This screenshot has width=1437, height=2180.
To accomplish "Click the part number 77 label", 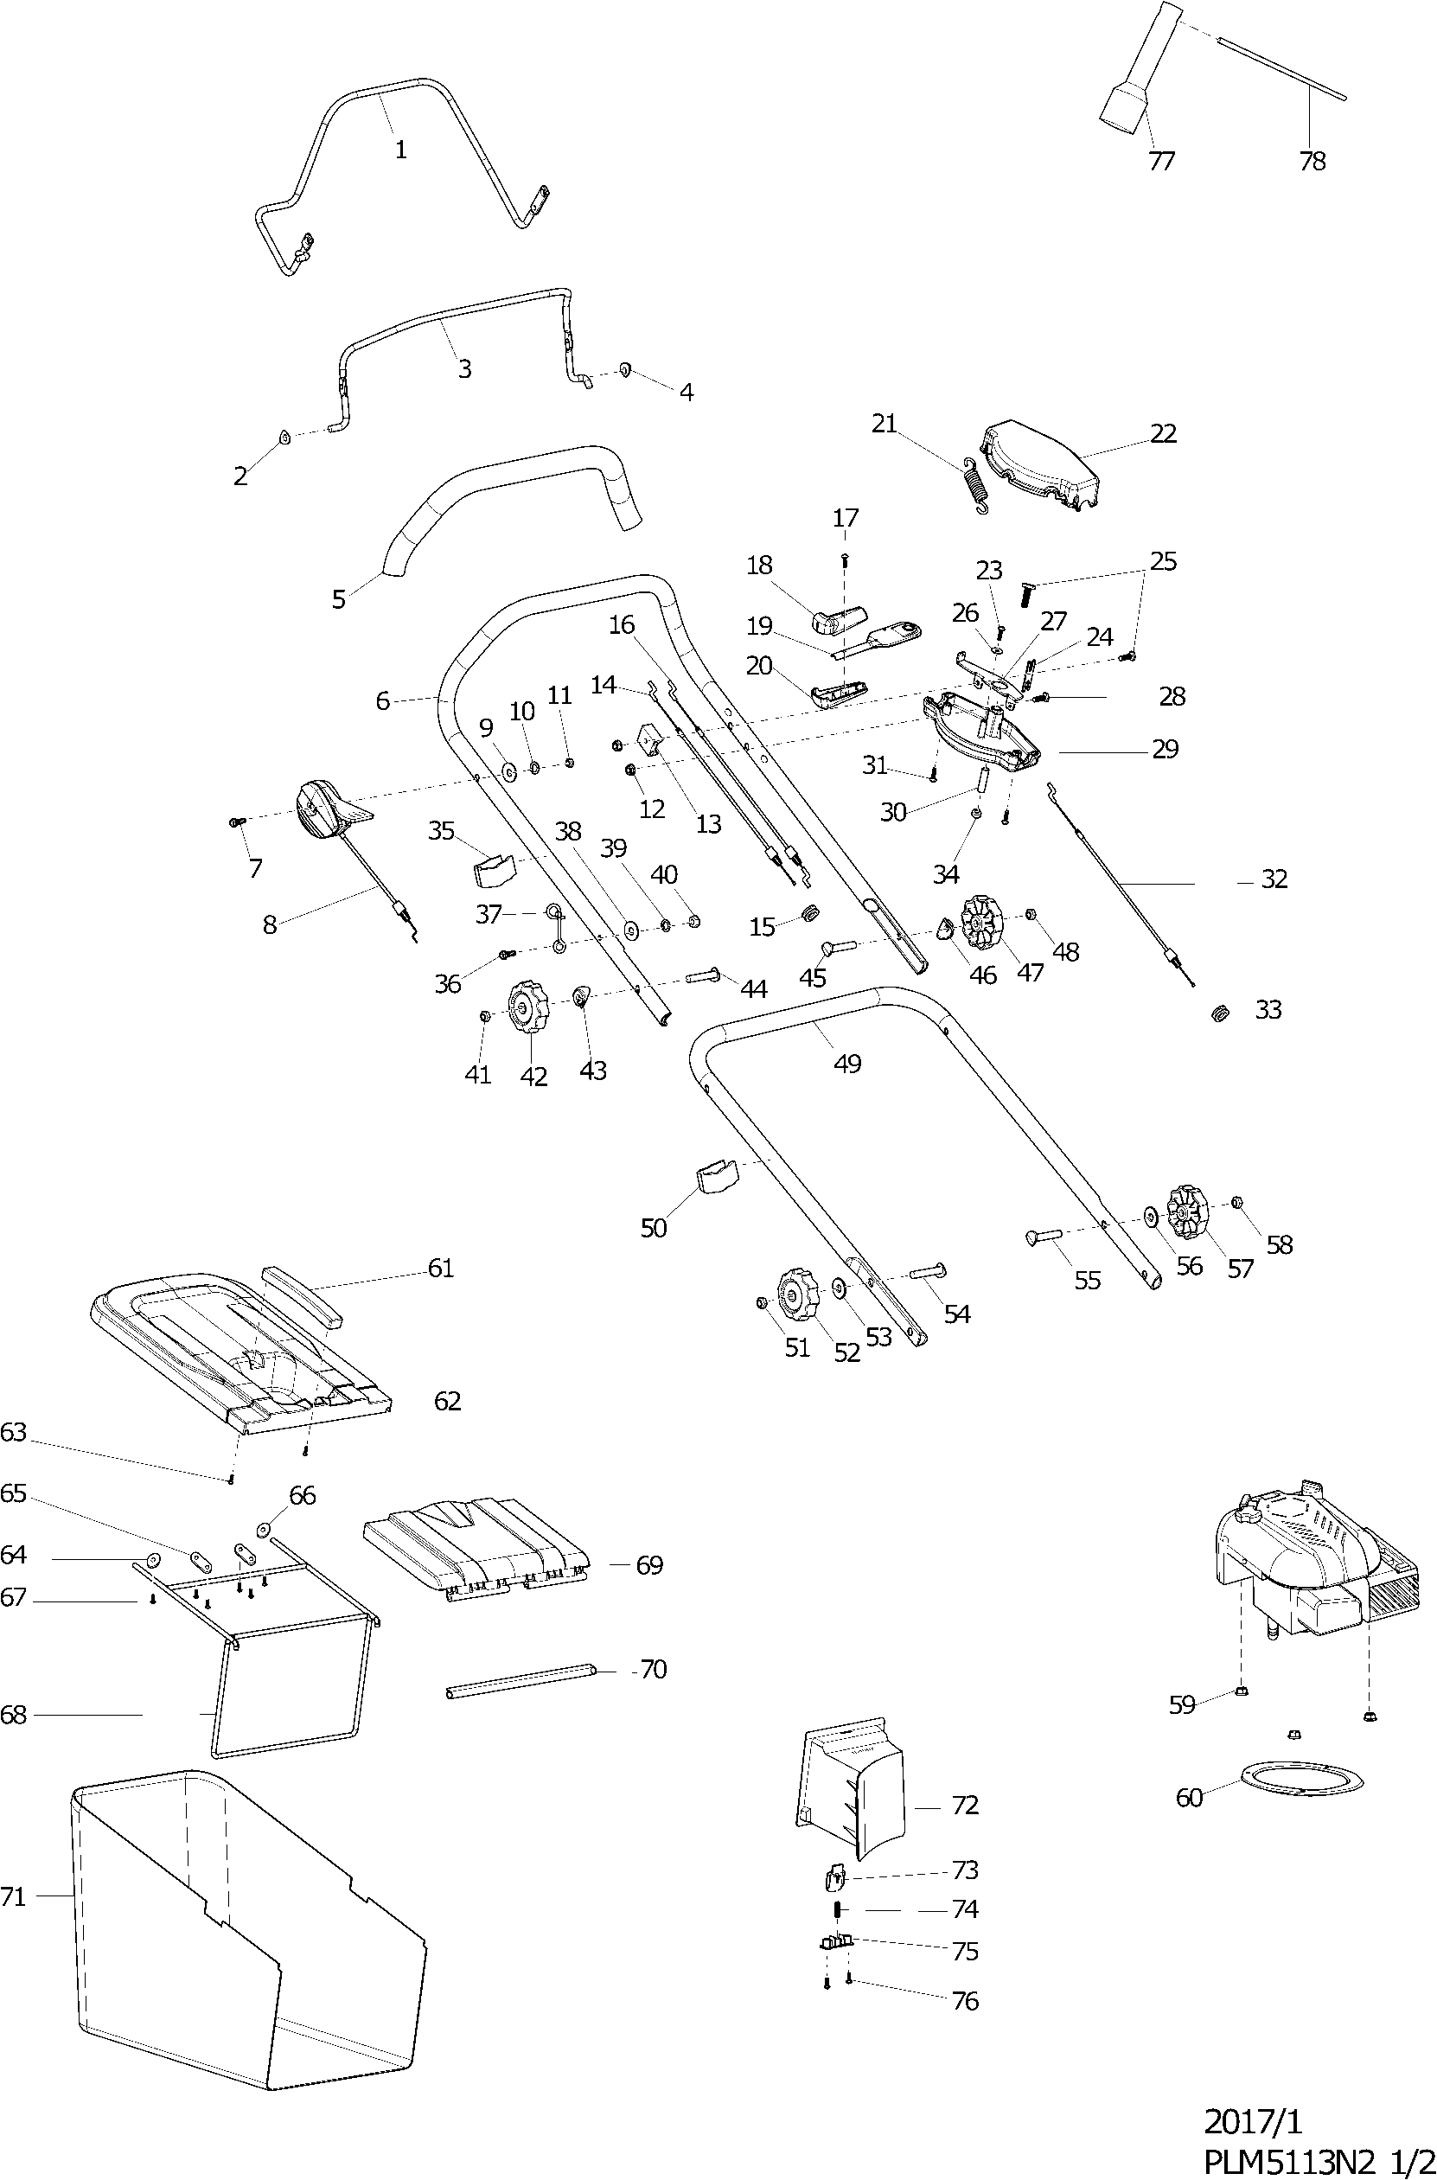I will pyautogui.click(x=1160, y=162).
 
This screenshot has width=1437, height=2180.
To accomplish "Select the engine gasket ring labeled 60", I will pyautogui.click(x=1300, y=1779).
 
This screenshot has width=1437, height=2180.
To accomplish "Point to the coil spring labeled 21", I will pyautogui.click(x=978, y=485).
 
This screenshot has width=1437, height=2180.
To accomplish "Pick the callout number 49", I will pyautogui.click(x=846, y=1064).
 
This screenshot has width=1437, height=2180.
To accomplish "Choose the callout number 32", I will pyautogui.click(x=1274, y=879).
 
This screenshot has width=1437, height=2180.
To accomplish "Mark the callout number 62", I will pyautogui.click(x=447, y=1401).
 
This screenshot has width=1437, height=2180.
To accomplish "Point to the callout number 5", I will pyautogui.click(x=339, y=599).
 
